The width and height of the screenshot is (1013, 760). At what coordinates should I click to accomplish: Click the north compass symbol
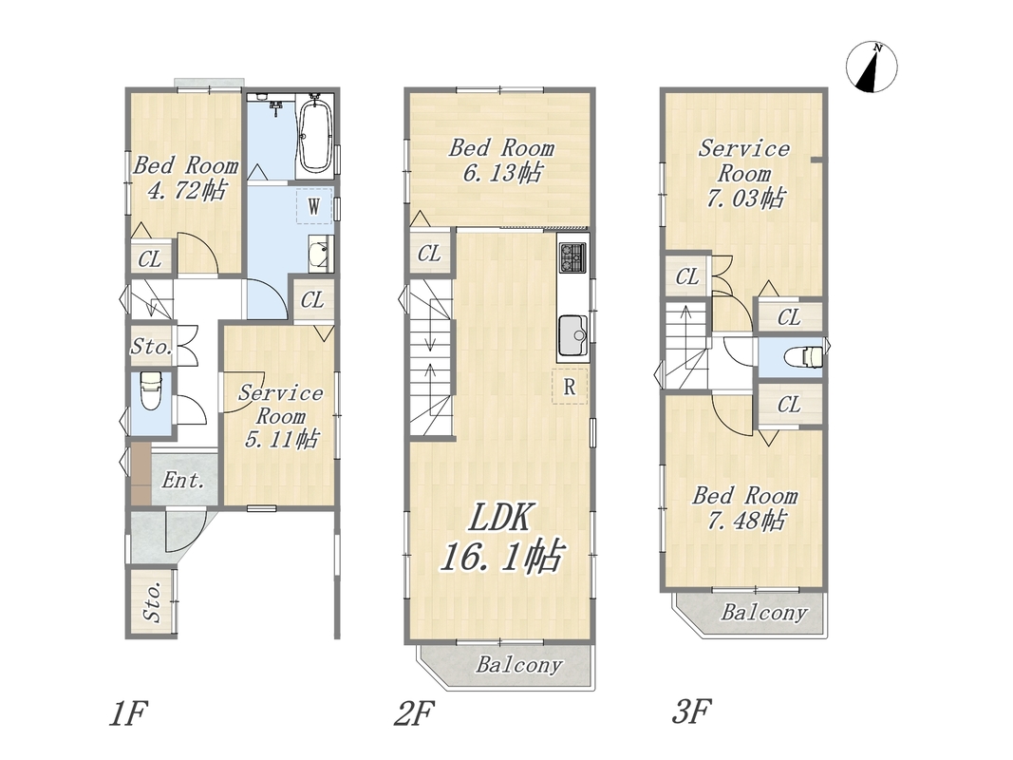pos(872,66)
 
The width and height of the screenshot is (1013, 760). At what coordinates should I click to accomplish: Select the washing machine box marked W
pos(314,206)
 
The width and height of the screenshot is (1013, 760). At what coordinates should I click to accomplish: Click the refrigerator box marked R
pos(570,387)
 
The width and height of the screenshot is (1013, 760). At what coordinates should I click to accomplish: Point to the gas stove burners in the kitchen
pos(572,256)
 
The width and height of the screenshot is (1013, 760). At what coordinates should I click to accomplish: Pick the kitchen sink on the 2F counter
pos(572,335)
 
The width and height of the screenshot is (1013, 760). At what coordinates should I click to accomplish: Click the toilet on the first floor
pos(151,391)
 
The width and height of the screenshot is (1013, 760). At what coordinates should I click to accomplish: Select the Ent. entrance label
pos(183,480)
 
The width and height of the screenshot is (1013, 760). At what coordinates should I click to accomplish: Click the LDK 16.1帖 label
pos(501,538)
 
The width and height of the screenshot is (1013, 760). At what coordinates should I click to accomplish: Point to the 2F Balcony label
pos(519,664)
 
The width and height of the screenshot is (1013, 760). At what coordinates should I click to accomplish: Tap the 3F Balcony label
pos(764,612)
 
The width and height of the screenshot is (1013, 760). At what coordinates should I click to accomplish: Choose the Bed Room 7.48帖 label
pos(745,508)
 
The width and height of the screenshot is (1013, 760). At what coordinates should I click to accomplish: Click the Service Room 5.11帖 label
pos(280,416)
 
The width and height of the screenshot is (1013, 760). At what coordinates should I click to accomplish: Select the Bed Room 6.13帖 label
pos(501,161)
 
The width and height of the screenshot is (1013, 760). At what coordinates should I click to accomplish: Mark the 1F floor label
pos(128,714)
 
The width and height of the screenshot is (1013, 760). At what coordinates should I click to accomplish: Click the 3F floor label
pos(692,712)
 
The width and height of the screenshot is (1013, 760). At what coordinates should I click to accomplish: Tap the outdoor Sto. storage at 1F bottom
pos(151,602)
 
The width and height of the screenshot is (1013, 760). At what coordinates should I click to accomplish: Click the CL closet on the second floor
pos(429,254)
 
